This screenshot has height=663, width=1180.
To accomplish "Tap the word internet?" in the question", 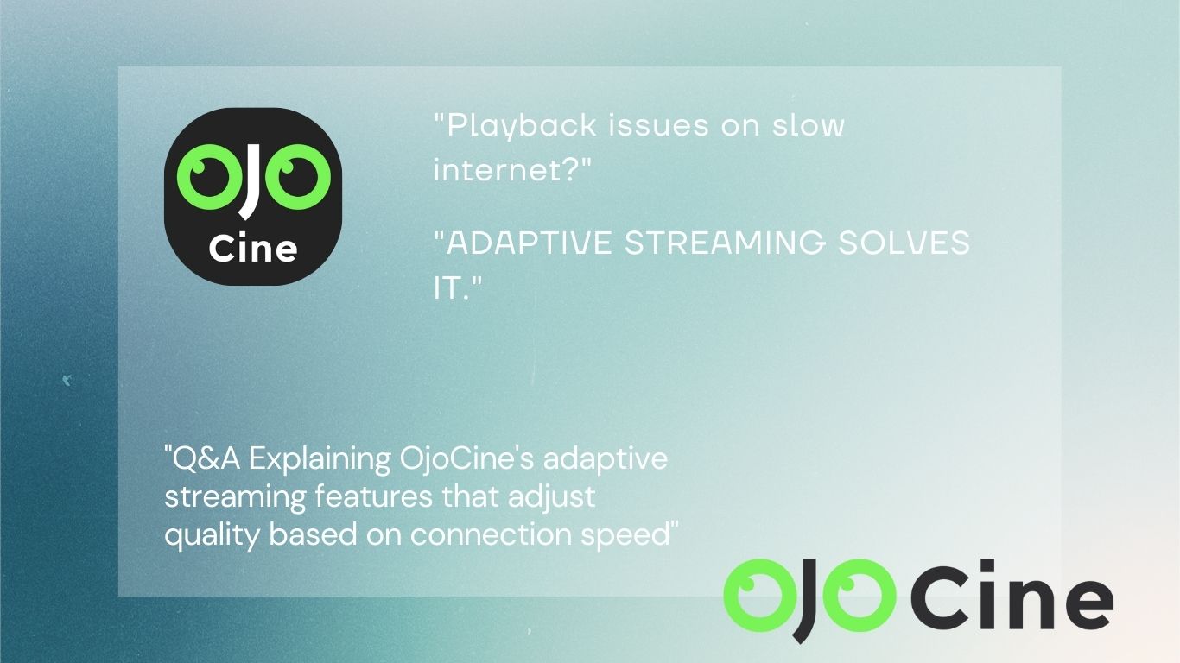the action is point(512,170).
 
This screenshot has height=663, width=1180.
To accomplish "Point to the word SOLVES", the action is point(904,243).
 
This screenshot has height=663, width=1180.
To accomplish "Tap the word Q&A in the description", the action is point(202,458).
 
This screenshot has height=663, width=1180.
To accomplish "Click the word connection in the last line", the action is point(491,534).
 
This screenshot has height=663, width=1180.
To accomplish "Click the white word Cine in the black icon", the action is point(253,249).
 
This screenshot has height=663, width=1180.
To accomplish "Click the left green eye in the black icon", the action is point(204,177).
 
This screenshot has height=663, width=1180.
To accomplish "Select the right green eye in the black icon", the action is point(298,177).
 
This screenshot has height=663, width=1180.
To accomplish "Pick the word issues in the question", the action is point(658,125).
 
